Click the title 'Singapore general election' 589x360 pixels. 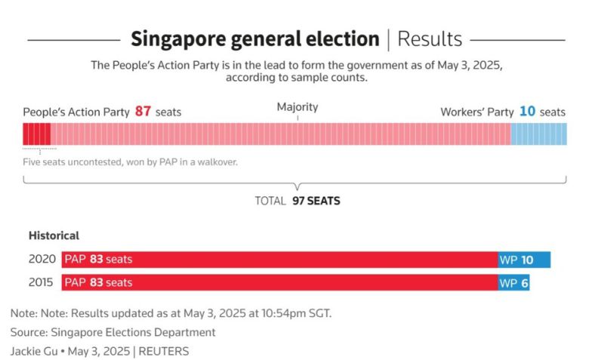(x=254, y=38)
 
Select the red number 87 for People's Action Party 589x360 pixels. (x=143, y=112)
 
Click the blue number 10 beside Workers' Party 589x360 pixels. (x=527, y=112)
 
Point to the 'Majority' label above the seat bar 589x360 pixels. (x=298, y=107)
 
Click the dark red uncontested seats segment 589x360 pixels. (x=37, y=134)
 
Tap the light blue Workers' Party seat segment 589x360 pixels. (x=538, y=134)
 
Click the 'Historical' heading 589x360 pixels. (x=54, y=235)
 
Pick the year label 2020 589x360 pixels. (x=42, y=260)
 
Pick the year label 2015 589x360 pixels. (x=42, y=283)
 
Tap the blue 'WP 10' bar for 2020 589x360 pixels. (x=524, y=260)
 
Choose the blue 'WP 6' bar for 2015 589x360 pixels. (x=513, y=283)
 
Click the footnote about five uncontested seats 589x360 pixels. (x=131, y=162)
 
